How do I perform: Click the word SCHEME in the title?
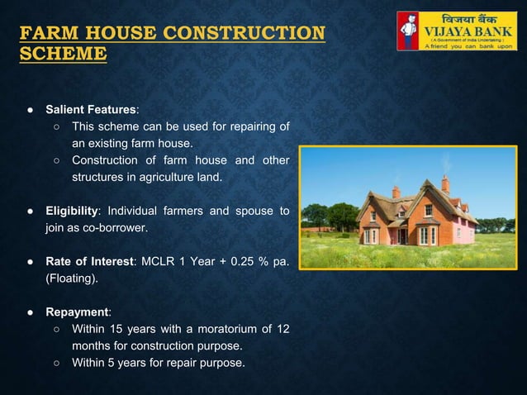pos(63,55)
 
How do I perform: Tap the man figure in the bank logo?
pos(409,30)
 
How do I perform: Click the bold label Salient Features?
pos(91,109)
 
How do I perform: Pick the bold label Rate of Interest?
pos(88,262)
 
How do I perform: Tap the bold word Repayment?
pos(76,312)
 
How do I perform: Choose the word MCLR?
pos(159,262)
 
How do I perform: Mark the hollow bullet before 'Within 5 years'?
pos(55,363)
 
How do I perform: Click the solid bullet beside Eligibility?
pos(29,212)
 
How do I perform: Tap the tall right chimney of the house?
pos(445,183)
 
